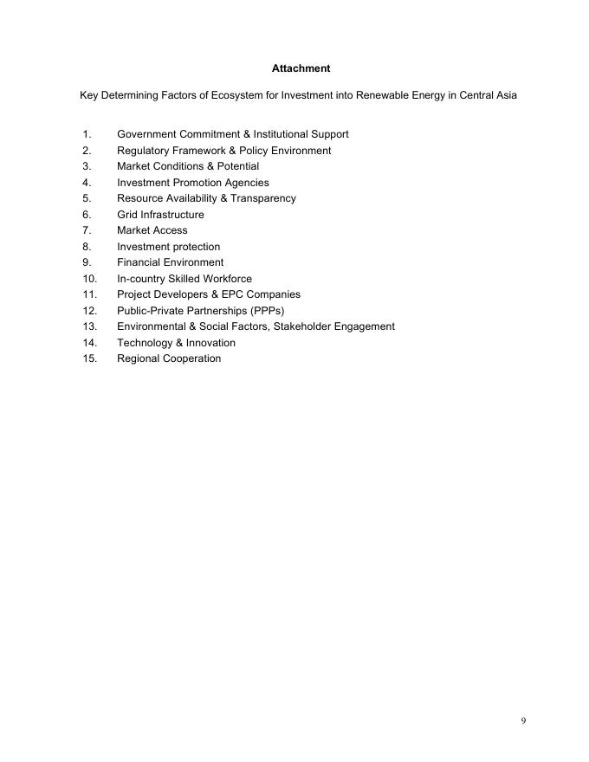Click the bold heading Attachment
click(301, 68)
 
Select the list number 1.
click(87, 134)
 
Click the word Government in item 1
click(146, 134)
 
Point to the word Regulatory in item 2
click(143, 151)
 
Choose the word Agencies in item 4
click(247, 183)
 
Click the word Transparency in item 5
click(263, 198)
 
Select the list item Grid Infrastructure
click(160, 215)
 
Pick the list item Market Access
click(152, 230)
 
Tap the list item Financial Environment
click(170, 262)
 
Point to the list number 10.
click(90, 279)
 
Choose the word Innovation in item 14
click(210, 343)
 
